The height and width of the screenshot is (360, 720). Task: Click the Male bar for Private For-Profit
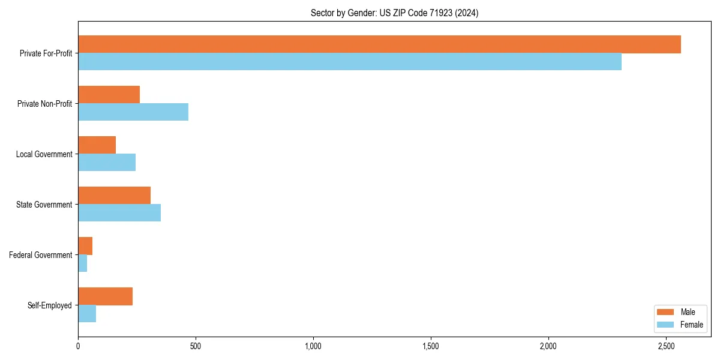click(x=379, y=44)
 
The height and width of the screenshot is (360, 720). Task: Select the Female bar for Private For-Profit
click(x=350, y=62)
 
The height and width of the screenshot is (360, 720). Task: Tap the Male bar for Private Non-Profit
click(x=109, y=95)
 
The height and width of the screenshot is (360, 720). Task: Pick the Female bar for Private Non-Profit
click(x=133, y=112)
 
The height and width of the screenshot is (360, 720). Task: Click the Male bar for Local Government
click(x=97, y=145)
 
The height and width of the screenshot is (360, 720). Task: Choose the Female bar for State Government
click(x=119, y=213)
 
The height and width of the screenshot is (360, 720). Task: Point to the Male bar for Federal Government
click(x=85, y=246)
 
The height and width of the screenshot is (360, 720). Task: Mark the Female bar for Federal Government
click(x=82, y=263)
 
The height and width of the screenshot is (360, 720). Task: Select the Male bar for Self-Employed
click(x=105, y=296)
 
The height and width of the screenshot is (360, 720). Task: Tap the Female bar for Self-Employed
click(x=87, y=314)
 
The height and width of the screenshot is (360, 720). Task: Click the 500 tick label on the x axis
click(x=196, y=346)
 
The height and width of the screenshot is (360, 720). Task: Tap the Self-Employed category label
click(x=50, y=305)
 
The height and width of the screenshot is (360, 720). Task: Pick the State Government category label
click(x=44, y=205)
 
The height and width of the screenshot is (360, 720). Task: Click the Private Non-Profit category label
click(x=44, y=104)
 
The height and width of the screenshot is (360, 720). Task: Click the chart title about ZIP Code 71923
click(x=394, y=13)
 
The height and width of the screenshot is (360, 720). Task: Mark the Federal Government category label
click(x=41, y=255)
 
